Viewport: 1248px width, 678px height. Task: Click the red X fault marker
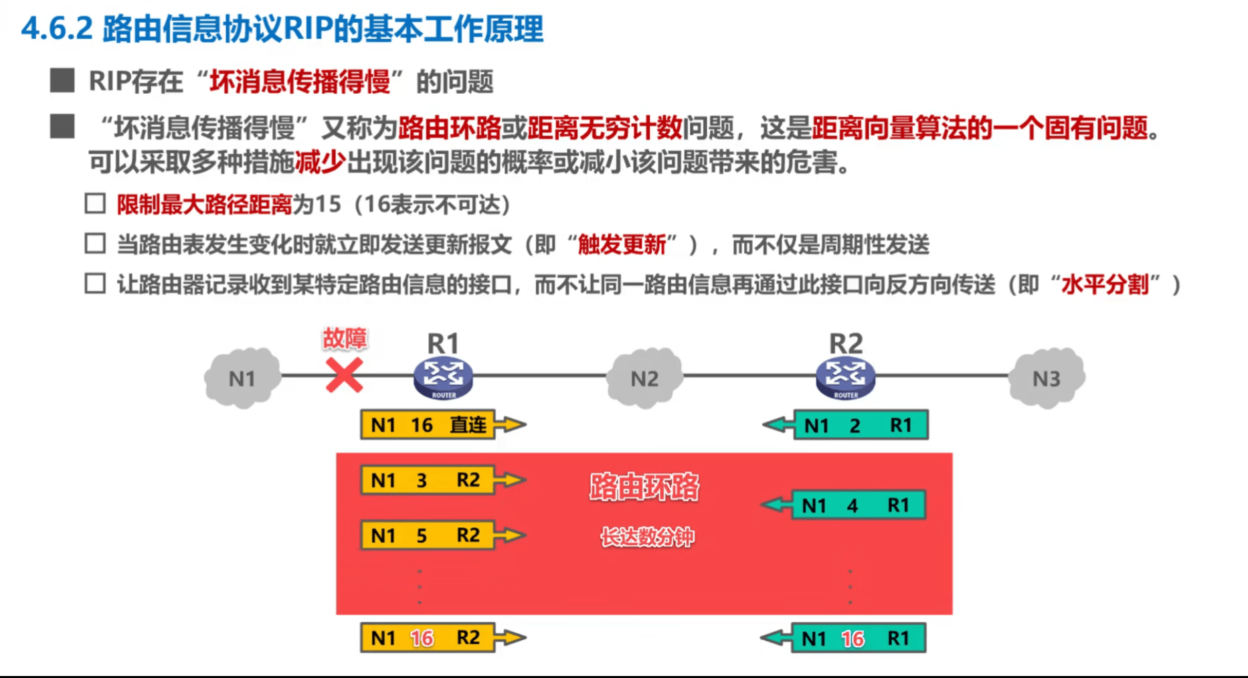(x=344, y=375)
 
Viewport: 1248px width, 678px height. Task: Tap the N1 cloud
(x=242, y=378)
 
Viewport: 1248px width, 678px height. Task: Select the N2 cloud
(x=644, y=378)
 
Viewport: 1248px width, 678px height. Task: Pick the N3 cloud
(x=1047, y=378)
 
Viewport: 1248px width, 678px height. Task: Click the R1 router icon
(x=443, y=377)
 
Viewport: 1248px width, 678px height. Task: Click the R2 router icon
(x=846, y=377)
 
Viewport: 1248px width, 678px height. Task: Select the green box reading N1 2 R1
(x=861, y=425)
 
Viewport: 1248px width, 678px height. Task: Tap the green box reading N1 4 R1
(x=858, y=505)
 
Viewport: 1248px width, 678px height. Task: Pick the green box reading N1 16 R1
(x=858, y=639)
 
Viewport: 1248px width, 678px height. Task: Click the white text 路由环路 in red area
(x=644, y=487)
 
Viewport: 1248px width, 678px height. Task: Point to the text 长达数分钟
(x=647, y=537)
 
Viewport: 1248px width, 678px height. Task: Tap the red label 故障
(x=345, y=339)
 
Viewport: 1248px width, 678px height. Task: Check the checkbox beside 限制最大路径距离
(x=95, y=203)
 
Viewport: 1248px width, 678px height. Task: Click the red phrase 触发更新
(x=622, y=245)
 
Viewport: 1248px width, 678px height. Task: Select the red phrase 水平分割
(x=1105, y=285)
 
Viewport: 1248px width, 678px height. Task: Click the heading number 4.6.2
(x=57, y=29)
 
